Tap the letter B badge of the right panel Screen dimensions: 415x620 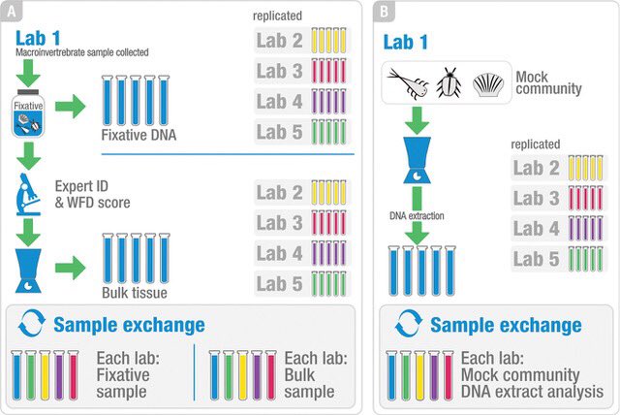pyautogui.click(x=385, y=13)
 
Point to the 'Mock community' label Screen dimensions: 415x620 pyautogui.click(x=548, y=83)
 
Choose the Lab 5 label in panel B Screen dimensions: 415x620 pyautogui.click(x=539, y=260)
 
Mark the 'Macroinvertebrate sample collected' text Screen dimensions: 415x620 pyautogui.click(x=82, y=52)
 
